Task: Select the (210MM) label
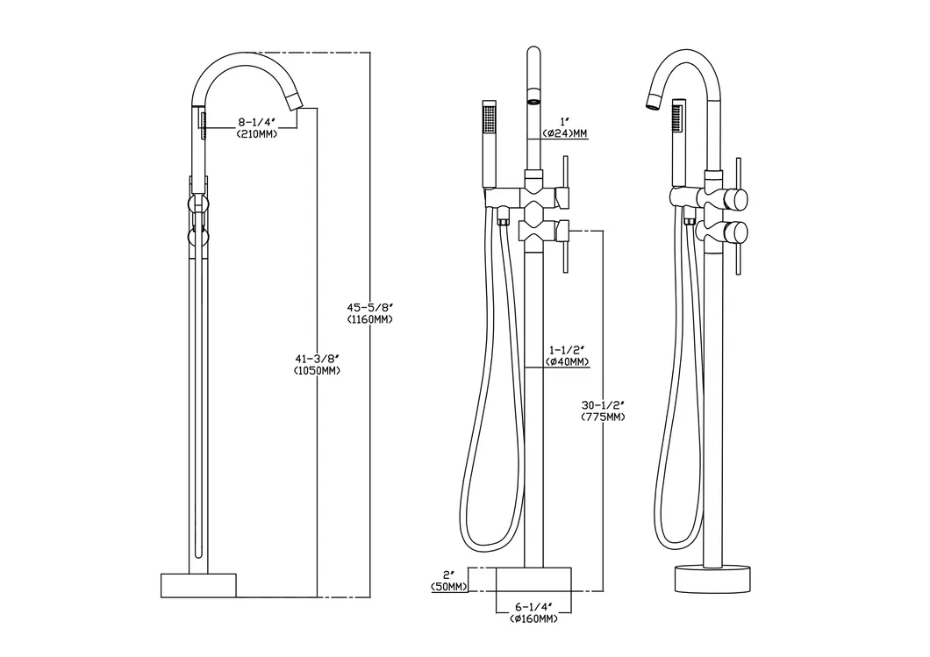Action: tap(256, 135)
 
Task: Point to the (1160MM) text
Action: tap(369, 319)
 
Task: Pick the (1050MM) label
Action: tap(317, 370)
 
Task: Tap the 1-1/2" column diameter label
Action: tap(566, 349)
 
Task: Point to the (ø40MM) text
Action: tap(567, 361)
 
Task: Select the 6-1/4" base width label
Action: tap(533, 607)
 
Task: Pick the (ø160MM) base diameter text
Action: tap(533, 619)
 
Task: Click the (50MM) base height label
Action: tap(448, 587)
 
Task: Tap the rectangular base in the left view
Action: tap(199, 584)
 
